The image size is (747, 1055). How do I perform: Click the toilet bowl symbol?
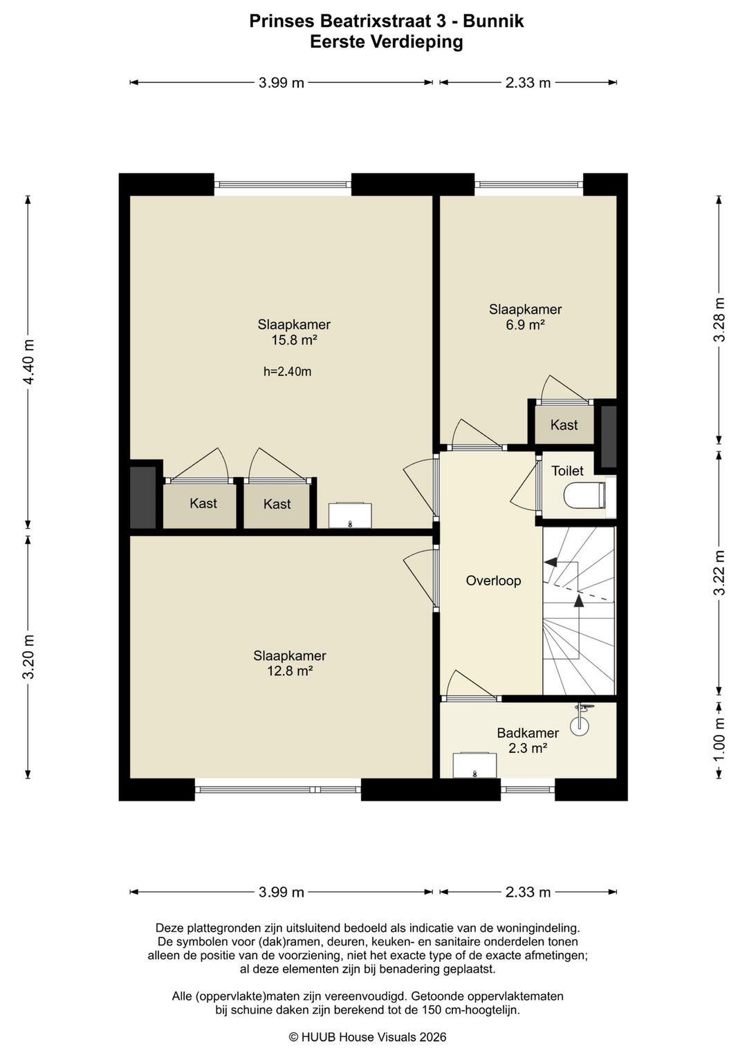click(x=584, y=495)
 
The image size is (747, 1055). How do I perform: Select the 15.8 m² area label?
click(x=294, y=340)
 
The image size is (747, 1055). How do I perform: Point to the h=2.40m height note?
click(x=288, y=372)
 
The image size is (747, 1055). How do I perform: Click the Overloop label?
click(x=493, y=581)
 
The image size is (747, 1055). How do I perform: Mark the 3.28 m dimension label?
click(x=719, y=320)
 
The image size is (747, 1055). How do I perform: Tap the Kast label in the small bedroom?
click(x=564, y=424)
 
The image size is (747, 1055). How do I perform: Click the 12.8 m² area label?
click(x=290, y=671)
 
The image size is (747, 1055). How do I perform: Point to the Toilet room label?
click(x=567, y=471)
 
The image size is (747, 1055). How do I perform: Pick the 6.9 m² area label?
click(x=526, y=325)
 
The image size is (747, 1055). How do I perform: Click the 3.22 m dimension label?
click(x=719, y=572)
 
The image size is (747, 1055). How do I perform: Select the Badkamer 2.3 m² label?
click(x=528, y=740)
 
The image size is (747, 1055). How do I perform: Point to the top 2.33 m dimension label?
click(x=528, y=83)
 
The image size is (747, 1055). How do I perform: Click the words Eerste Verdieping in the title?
click(x=387, y=42)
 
